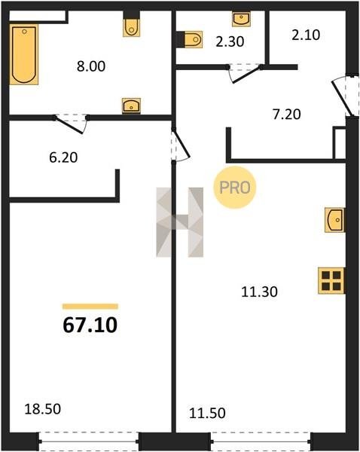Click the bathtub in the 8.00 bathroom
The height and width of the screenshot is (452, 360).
click(x=24, y=54)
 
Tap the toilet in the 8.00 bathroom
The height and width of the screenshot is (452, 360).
click(x=132, y=27)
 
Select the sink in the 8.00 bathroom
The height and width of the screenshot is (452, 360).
click(x=131, y=105)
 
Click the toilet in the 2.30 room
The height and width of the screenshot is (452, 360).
click(x=193, y=39)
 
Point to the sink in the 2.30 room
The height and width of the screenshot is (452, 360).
click(x=241, y=19)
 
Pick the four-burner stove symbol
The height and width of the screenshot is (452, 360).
click(x=331, y=281)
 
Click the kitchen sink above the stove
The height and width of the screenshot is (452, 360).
click(x=334, y=220)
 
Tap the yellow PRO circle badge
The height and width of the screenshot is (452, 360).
click(x=235, y=188)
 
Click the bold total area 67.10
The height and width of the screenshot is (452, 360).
click(x=90, y=325)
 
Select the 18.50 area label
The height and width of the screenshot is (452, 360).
click(x=43, y=409)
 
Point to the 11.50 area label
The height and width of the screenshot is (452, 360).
click(x=207, y=413)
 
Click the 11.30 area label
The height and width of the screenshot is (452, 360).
click(x=259, y=292)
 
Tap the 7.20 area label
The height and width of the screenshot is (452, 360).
click(x=286, y=115)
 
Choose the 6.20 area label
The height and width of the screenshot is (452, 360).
click(x=63, y=157)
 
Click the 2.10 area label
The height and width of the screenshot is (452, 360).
click(x=306, y=35)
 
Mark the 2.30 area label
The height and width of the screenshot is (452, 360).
click(x=230, y=41)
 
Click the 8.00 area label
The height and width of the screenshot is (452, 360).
click(x=91, y=66)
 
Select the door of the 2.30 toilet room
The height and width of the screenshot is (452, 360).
click(x=245, y=73)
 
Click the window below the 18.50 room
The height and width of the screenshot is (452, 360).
click(x=89, y=441)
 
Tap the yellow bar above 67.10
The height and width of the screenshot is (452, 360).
click(x=90, y=307)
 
